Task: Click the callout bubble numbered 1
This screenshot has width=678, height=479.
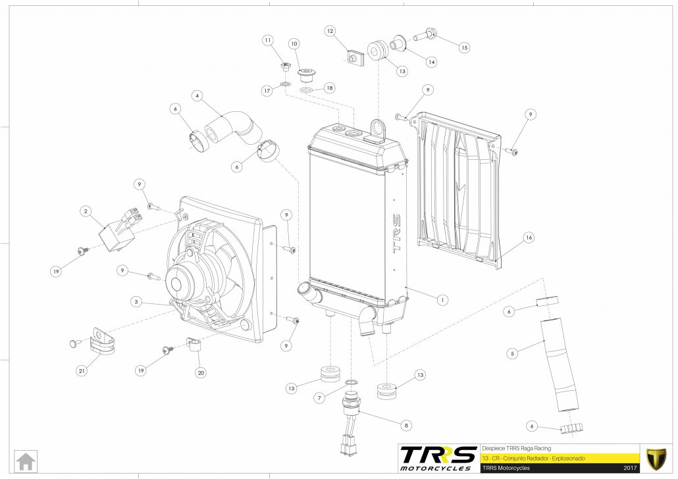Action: pos(442,299)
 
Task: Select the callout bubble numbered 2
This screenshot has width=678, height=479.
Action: pos(86,211)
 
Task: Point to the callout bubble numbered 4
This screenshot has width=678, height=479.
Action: pos(196,95)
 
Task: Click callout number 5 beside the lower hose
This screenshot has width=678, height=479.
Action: pos(511,353)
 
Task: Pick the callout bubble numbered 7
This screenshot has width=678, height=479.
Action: pos(318,398)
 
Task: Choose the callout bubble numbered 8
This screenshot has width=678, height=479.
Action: pos(406,425)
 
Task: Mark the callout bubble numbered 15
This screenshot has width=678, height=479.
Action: pos(464,47)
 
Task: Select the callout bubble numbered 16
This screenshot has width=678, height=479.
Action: pos(528,237)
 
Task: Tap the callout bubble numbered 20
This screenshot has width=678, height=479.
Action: pos(201,372)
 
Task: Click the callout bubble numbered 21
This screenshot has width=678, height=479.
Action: pos(82,371)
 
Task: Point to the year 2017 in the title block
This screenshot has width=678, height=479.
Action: pos(631,468)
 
